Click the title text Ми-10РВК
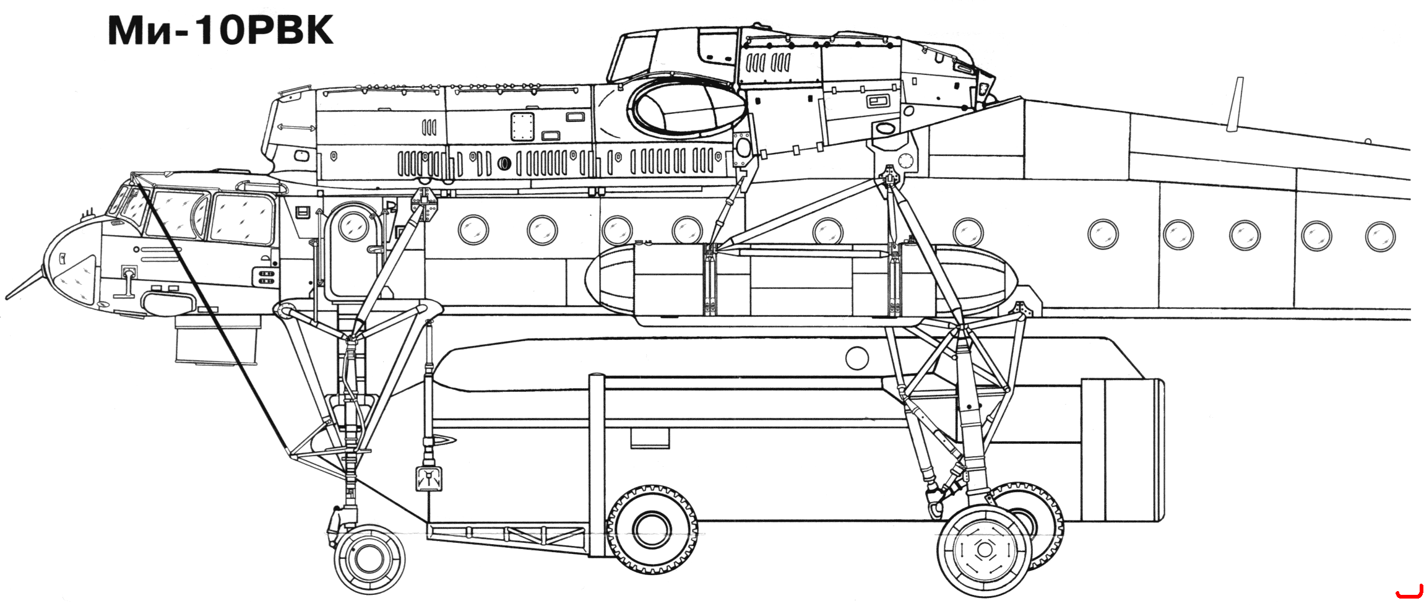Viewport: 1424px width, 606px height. pos(221,30)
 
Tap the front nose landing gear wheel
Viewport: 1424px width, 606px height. pos(369,560)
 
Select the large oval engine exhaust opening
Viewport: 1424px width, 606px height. pos(687,109)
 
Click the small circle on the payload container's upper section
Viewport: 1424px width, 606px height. pos(857,358)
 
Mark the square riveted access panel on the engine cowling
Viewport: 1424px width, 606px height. pos(522,126)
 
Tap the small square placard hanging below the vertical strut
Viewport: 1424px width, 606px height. pos(428,478)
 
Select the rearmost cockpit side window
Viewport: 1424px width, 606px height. pos(243,218)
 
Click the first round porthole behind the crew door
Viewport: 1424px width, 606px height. pos(473,230)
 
